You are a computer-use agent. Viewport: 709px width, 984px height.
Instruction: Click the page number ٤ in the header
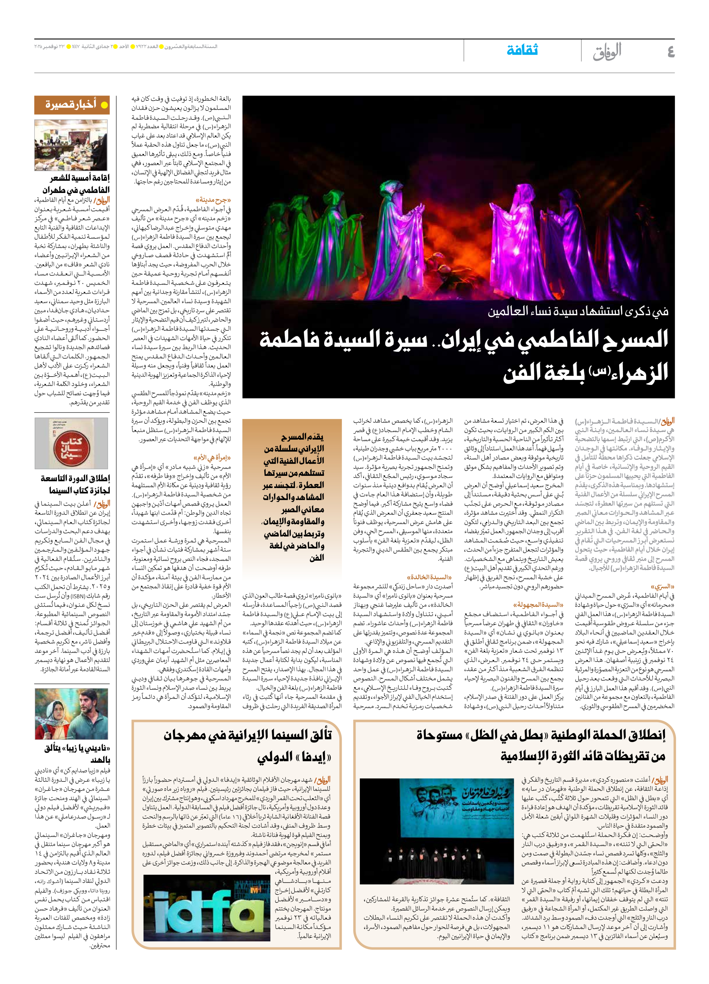670,52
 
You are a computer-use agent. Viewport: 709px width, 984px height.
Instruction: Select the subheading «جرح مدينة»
213,200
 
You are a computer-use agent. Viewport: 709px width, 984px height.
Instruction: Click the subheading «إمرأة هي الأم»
212,457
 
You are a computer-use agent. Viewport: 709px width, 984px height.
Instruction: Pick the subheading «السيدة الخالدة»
429,577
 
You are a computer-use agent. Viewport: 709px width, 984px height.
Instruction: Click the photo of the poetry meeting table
71,145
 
